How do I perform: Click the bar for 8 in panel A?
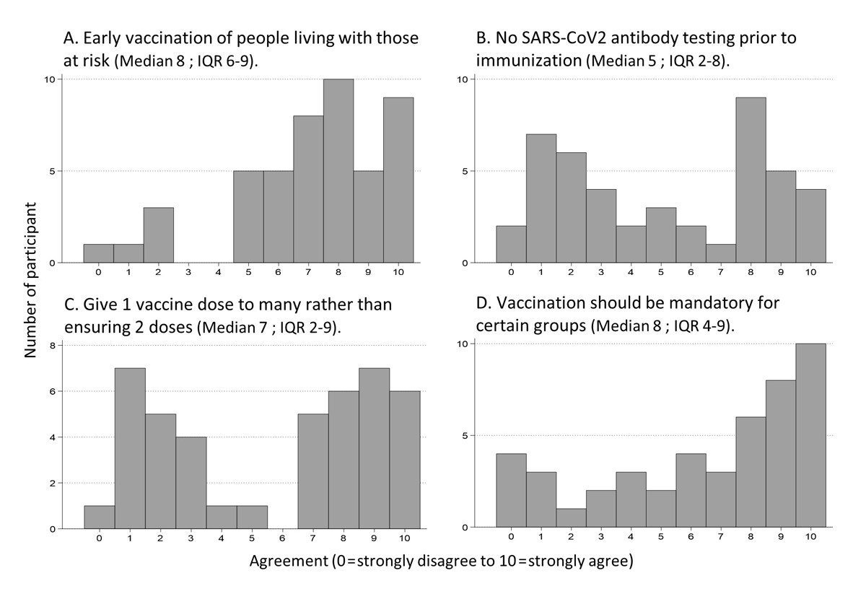pyautogui.click(x=338, y=171)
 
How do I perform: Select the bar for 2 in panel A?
pyautogui.click(x=158, y=235)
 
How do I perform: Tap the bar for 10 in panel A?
pyautogui.click(x=398, y=180)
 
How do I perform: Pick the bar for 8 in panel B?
pyautogui.click(x=751, y=180)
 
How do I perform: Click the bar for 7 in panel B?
pyautogui.click(x=720, y=253)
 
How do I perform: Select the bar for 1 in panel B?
pyautogui.click(x=541, y=198)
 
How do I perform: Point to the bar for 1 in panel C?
pyautogui.click(x=130, y=448)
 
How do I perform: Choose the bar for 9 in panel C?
pyautogui.click(x=374, y=448)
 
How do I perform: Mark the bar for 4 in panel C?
pyautogui.click(x=222, y=517)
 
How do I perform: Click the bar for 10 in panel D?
pyautogui.click(x=810, y=436)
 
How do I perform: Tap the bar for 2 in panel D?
pyautogui.click(x=572, y=519)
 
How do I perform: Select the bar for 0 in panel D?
pyautogui.click(x=511, y=491)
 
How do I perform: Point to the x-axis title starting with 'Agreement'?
pyautogui.click(x=441, y=561)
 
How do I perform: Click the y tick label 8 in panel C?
pyautogui.click(x=51, y=346)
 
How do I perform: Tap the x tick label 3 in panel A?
pyautogui.click(x=188, y=272)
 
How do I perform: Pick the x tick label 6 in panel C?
pyautogui.click(x=282, y=538)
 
